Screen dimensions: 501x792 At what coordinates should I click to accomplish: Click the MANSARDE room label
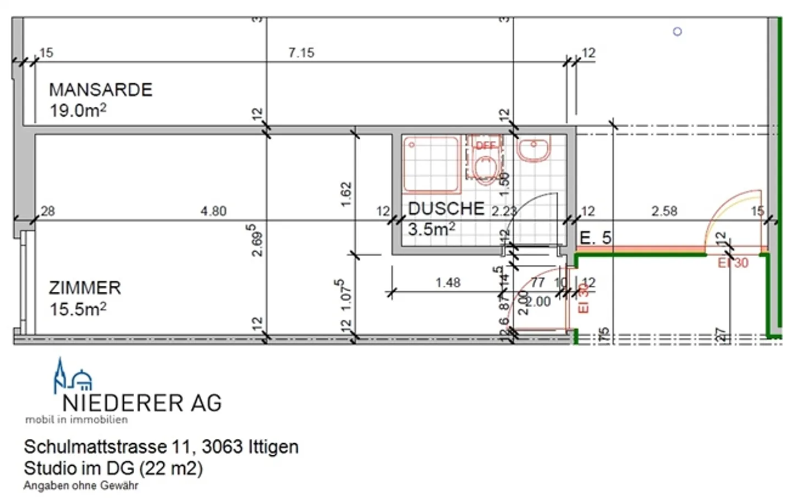coord(101,90)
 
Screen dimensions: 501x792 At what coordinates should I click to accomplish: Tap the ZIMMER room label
coord(85,288)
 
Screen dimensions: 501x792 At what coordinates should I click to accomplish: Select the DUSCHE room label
coord(446,209)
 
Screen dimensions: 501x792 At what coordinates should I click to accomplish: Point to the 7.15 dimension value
coord(301,53)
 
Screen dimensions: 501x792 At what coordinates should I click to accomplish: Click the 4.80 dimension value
coord(213,211)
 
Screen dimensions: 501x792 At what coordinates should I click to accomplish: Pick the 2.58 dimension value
coord(664,211)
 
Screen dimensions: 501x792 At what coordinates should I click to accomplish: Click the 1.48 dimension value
coord(448,282)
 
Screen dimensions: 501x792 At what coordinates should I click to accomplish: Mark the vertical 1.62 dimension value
coord(346,194)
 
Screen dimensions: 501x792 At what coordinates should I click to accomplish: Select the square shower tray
coord(431,164)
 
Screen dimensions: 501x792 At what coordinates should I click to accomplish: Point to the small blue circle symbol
coord(678,32)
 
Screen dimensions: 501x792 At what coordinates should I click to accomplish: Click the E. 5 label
coord(595,238)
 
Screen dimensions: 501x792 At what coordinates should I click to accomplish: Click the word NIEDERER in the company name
coord(123,403)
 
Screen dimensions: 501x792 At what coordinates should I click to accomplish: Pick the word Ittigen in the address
coord(273,446)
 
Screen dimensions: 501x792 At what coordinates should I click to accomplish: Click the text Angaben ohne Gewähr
coord(81,486)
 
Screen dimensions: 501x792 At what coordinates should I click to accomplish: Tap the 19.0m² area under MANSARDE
coord(78,110)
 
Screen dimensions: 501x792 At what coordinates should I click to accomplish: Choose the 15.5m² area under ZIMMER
coord(78,309)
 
